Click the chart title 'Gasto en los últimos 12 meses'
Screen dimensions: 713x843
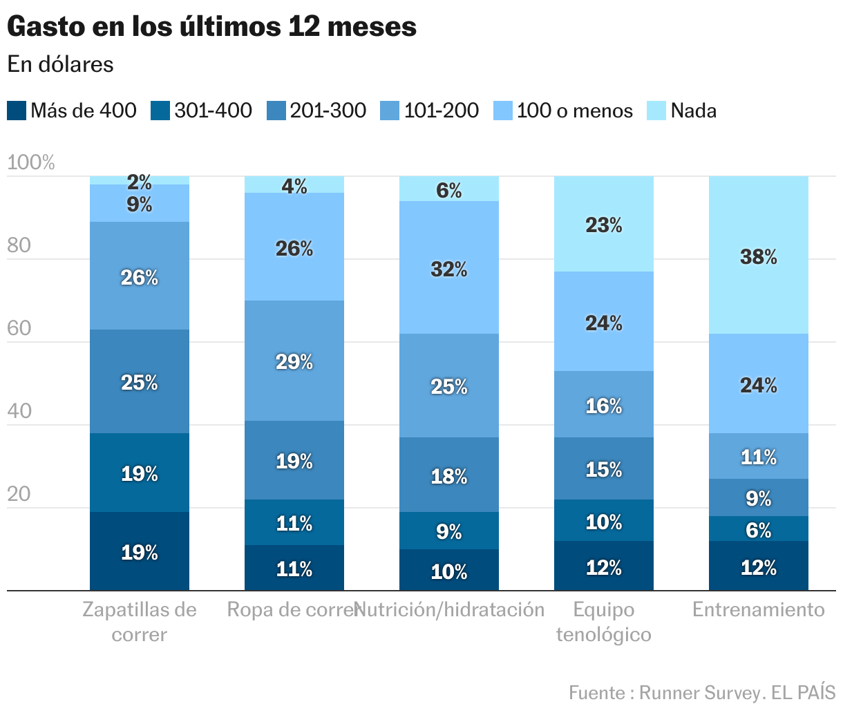click(211, 27)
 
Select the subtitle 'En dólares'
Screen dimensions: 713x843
click(60, 64)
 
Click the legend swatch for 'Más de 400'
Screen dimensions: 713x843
click(17, 111)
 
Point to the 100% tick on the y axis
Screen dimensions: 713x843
click(31, 163)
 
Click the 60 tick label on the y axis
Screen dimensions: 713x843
click(19, 328)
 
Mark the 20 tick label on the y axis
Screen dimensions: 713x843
click(19, 494)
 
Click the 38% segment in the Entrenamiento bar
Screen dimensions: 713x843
click(758, 257)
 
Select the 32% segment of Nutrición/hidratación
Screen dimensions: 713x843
click(448, 269)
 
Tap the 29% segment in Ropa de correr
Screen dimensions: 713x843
click(294, 361)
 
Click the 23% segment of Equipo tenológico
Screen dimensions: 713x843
click(603, 225)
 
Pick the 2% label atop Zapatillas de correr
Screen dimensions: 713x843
click(139, 182)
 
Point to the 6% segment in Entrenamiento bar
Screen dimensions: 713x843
click(758, 529)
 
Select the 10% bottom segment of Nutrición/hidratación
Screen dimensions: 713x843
click(448, 571)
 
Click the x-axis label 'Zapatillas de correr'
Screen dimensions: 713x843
click(139, 622)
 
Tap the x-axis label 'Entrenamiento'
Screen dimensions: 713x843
click(758, 609)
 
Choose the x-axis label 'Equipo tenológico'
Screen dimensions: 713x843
click(603, 622)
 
